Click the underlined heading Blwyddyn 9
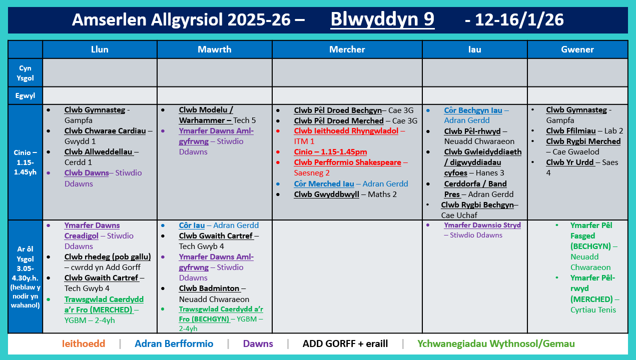382,19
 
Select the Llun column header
100,49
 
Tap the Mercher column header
347,49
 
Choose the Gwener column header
577,49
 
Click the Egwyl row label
25,95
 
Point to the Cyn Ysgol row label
25,73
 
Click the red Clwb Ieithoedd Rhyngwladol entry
346,131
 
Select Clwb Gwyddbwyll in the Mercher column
326,194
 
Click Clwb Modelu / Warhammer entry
206,115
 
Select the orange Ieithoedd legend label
84,343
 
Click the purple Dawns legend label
258,343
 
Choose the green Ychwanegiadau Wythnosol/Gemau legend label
496,343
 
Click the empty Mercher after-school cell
347,276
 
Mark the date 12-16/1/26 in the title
514,19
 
